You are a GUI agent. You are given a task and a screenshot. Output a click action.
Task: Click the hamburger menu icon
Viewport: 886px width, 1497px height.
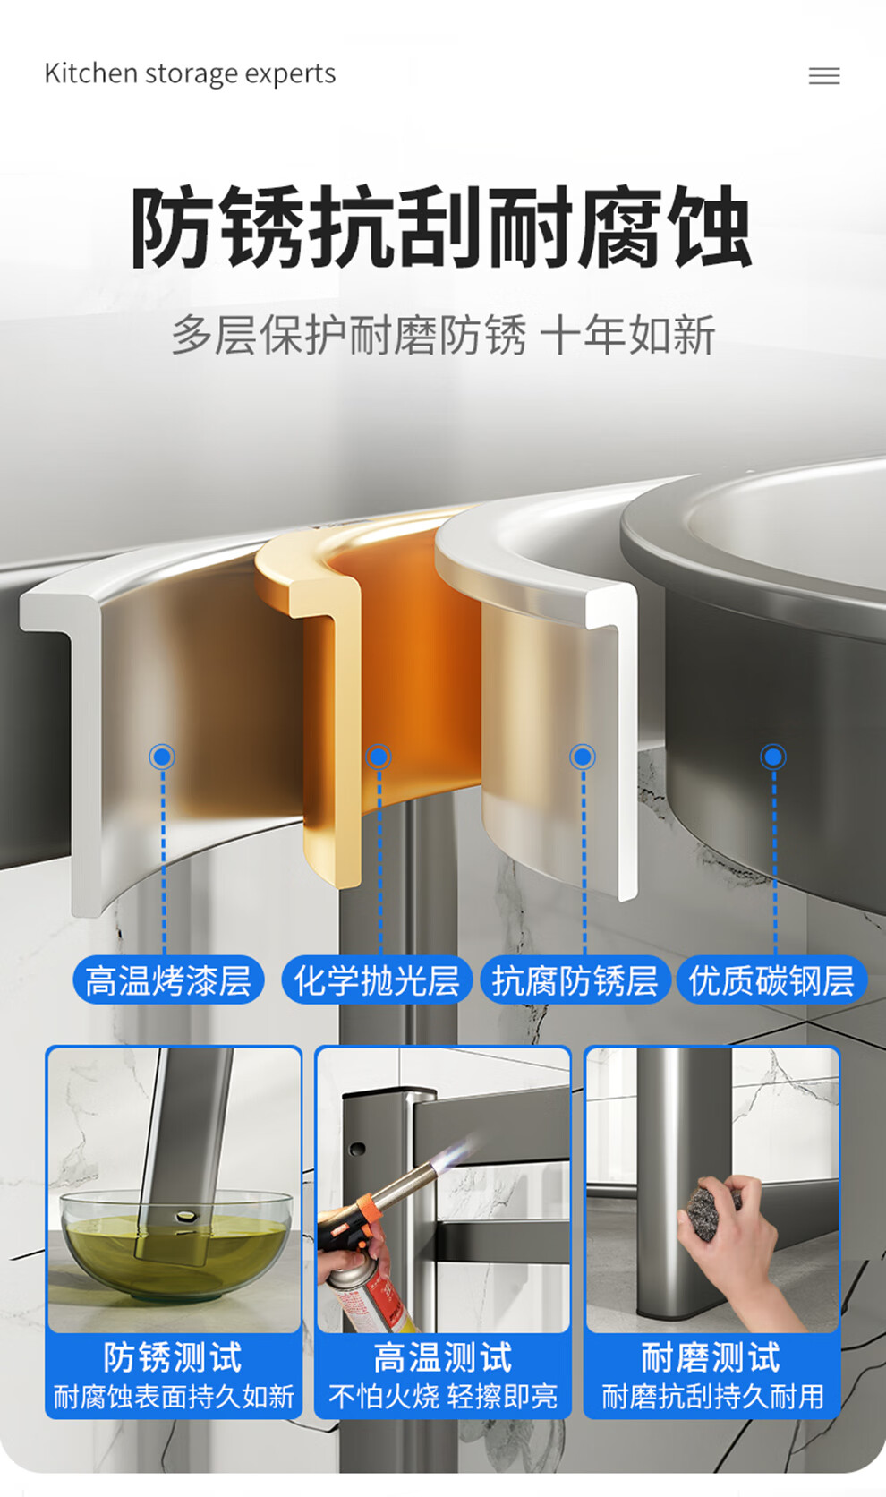[x=824, y=75]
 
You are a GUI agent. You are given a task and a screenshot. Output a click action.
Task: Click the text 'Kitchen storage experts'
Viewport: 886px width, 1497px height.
[x=190, y=73]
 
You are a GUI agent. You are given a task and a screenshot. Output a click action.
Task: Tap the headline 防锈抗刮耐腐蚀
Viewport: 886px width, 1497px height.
[x=441, y=227]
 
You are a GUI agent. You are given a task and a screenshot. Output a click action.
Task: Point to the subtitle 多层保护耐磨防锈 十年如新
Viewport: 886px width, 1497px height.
[x=443, y=334]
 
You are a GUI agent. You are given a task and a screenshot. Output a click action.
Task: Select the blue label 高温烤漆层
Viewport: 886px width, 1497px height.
[x=168, y=980]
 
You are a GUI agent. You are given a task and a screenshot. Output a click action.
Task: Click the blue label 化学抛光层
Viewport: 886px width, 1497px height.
[x=377, y=980]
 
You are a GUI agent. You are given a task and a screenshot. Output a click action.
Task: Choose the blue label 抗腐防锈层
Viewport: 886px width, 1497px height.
[x=575, y=980]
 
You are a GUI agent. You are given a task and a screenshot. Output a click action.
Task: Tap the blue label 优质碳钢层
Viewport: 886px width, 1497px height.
[x=771, y=980]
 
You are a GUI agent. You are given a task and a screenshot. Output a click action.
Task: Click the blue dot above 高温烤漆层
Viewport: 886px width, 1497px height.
[x=162, y=757]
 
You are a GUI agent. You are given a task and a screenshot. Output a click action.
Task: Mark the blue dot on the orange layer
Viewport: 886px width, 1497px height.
[x=379, y=757]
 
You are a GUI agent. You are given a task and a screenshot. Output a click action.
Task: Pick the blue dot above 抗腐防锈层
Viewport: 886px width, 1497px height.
[x=583, y=757]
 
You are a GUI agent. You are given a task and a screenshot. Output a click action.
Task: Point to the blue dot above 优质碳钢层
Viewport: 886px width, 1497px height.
[x=773, y=757]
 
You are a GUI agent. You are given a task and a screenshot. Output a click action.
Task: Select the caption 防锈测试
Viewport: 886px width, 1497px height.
[x=173, y=1357]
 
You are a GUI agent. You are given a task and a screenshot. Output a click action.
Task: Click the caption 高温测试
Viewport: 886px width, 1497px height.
[x=443, y=1357]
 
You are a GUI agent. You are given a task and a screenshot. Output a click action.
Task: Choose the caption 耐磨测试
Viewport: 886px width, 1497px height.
[x=711, y=1357]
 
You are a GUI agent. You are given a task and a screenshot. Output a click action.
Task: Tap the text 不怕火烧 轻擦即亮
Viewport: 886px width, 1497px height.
[x=443, y=1396]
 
